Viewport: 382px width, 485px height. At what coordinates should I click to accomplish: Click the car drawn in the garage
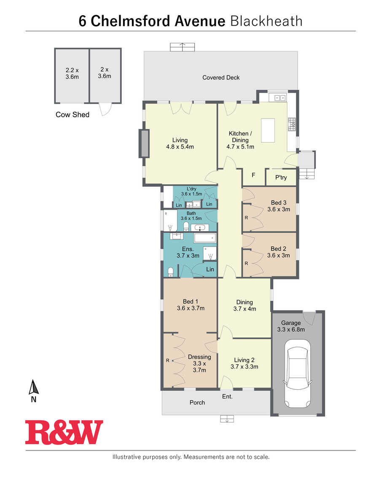297,373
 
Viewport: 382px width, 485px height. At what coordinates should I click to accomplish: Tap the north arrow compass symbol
33,391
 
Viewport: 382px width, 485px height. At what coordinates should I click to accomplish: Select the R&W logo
64,432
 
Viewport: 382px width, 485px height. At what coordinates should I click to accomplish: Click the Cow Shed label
73,114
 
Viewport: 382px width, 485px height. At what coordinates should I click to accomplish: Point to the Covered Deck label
221,77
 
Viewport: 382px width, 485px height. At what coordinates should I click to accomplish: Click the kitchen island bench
268,130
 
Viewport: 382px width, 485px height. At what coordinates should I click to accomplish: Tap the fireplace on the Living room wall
144,143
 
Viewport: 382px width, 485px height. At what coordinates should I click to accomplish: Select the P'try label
281,178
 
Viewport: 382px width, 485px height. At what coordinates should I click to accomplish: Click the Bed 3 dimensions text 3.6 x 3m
279,210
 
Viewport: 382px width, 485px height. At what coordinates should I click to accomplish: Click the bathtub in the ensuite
205,238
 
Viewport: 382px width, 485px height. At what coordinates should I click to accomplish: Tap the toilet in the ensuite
170,272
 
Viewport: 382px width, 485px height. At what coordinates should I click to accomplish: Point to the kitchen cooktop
292,124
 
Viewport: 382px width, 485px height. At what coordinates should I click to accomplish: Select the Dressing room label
199,357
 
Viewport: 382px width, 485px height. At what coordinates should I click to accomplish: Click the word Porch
197,402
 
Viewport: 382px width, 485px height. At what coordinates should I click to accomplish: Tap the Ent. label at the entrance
227,396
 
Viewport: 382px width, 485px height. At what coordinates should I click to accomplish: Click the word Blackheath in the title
266,21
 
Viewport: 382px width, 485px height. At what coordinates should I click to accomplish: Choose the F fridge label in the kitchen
253,175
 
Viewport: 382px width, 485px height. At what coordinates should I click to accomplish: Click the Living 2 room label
244,360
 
